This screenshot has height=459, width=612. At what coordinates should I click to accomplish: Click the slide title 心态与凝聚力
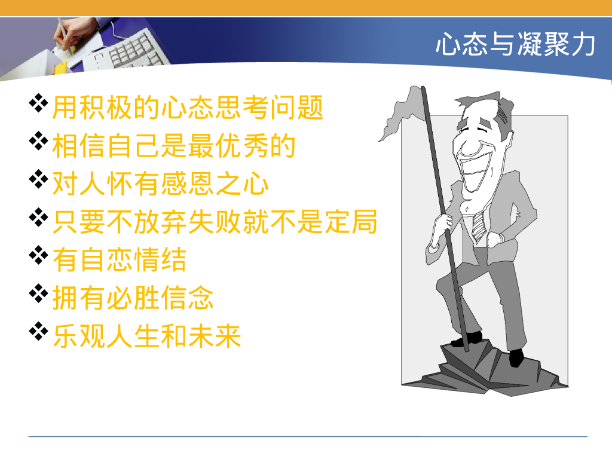click(515, 45)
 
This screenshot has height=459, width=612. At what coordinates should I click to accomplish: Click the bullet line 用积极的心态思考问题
click(188, 108)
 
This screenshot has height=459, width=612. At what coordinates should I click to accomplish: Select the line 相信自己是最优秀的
click(174, 146)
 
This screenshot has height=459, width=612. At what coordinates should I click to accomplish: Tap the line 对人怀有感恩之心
click(160, 183)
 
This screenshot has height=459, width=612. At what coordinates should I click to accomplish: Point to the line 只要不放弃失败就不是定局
click(215, 221)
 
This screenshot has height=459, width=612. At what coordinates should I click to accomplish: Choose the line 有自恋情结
click(120, 259)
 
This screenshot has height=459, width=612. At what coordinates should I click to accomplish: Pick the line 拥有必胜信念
click(133, 297)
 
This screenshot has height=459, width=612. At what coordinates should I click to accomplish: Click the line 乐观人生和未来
click(146, 335)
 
